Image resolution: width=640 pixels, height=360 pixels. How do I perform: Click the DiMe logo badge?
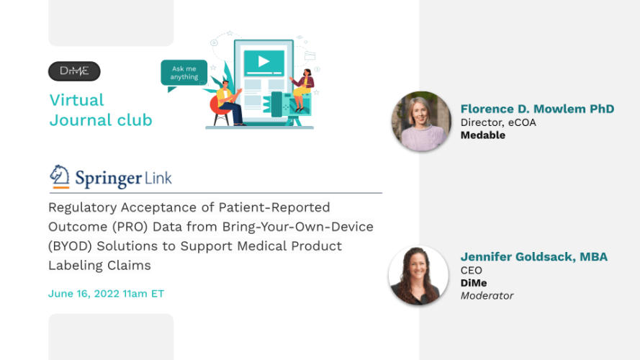tap(74, 71)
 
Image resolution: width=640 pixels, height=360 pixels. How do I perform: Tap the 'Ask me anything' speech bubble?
tap(184, 73)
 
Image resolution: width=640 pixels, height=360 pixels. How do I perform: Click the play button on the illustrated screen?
tap(263, 62)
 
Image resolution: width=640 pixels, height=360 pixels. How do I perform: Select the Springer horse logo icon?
tap(60, 176)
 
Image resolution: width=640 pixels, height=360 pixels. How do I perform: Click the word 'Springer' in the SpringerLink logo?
tap(109, 179)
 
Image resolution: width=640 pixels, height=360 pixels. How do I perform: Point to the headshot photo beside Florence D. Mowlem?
tap(421, 121)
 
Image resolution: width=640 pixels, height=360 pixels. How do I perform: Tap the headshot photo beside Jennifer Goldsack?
tap(418, 275)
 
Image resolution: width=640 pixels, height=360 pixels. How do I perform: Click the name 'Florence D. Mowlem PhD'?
tap(537, 109)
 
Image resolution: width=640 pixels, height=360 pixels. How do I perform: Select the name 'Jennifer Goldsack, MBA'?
tap(534, 257)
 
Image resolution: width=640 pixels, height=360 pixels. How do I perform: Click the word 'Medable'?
tap(483, 135)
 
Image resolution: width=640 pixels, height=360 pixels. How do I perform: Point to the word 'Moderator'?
tap(487, 295)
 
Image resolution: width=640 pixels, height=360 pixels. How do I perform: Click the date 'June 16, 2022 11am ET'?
tap(106, 294)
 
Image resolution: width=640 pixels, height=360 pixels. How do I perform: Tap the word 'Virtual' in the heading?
tap(77, 100)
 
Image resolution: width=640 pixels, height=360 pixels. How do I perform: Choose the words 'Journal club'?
tap(101, 120)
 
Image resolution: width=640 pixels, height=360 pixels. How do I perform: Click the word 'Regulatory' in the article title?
tap(83, 208)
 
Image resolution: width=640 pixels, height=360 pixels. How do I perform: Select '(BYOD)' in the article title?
tap(71, 246)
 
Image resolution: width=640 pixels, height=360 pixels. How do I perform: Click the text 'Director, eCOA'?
tap(498, 122)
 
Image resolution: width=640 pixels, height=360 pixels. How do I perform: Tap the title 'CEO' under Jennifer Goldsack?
tap(472, 270)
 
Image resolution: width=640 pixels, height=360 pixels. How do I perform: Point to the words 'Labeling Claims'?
tap(99, 266)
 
